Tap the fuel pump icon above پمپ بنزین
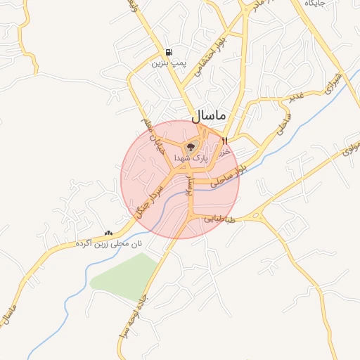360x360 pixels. point(168,53)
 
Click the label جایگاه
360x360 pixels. point(315,4)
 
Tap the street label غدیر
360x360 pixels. point(295,96)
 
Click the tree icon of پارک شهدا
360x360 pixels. point(191,147)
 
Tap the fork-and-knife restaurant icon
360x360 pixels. point(224,141)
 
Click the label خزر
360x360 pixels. point(226,150)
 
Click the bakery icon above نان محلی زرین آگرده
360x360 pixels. point(108,233)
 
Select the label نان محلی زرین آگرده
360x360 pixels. point(108,243)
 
